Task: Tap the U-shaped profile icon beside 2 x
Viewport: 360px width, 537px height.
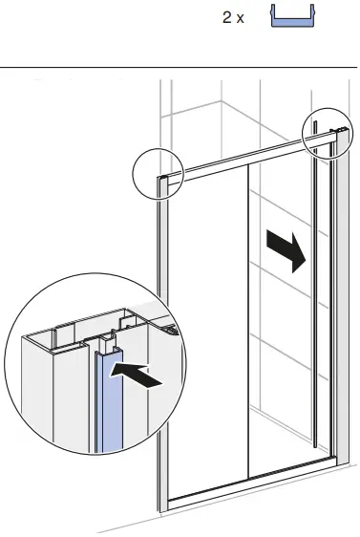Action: [294, 16]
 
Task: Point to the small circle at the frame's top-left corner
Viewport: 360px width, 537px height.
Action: [157, 172]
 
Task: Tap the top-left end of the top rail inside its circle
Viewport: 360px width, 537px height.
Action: [166, 179]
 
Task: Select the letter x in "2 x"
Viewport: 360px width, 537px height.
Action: [241, 19]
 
